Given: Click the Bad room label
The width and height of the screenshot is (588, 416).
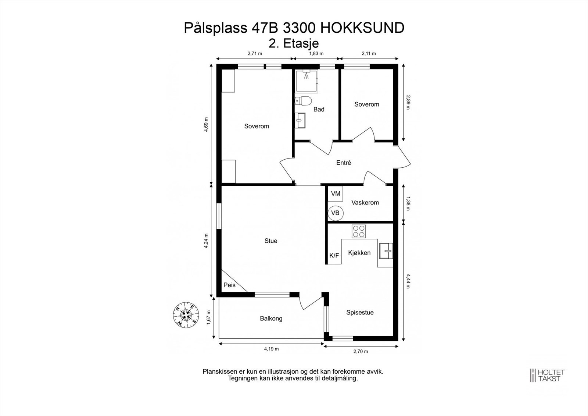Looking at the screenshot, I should pyautogui.click(x=319, y=109).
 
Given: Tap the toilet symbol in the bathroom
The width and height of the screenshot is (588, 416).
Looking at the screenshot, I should pyautogui.click(x=304, y=100).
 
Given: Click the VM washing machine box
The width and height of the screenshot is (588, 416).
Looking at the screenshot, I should pyautogui.click(x=335, y=193).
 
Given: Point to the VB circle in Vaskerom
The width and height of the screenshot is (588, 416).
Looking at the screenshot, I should pyautogui.click(x=335, y=213).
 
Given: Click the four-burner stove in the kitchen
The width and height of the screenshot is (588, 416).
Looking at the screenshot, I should pyautogui.click(x=359, y=231).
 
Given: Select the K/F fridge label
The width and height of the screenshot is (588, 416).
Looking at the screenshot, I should pyautogui.click(x=334, y=256).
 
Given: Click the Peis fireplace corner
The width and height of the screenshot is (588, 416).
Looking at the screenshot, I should pyautogui.click(x=230, y=285).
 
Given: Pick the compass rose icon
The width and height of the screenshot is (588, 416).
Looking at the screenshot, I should pyautogui.click(x=186, y=314).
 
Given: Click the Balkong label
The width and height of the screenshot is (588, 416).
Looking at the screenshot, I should pyautogui.click(x=271, y=319).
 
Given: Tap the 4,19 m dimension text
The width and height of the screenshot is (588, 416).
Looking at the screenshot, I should pyautogui.click(x=271, y=349).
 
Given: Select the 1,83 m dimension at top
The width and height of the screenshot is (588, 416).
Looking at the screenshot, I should pyautogui.click(x=316, y=54).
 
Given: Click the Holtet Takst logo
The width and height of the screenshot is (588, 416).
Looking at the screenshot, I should pyautogui.click(x=547, y=376).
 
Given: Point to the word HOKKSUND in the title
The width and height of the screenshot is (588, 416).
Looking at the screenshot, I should pyautogui.click(x=362, y=28).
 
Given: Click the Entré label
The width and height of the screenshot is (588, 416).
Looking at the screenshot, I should pyautogui.click(x=344, y=163).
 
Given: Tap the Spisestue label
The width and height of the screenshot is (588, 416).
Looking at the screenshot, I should pyautogui.click(x=360, y=313).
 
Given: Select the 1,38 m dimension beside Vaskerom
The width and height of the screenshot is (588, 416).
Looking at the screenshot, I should pyautogui.click(x=408, y=203).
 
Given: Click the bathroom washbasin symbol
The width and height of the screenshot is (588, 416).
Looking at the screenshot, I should pyautogui.click(x=301, y=120).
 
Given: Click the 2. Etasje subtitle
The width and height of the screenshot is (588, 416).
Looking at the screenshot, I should pyautogui.click(x=294, y=43).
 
